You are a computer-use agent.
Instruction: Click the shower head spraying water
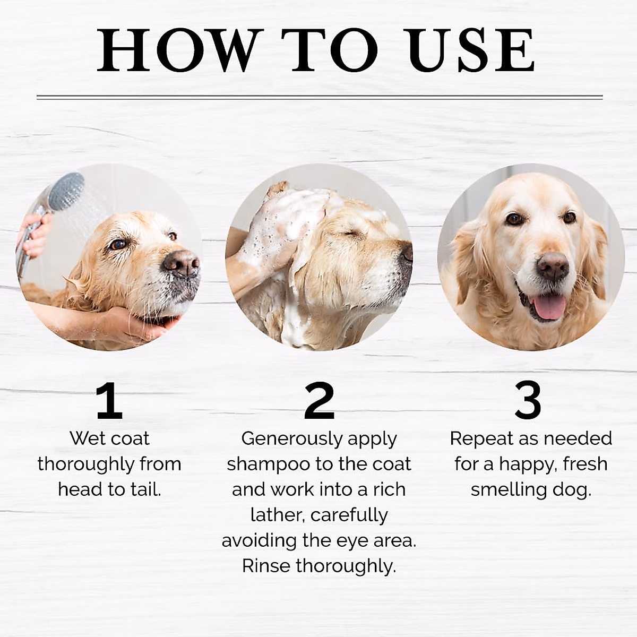pos(66,191)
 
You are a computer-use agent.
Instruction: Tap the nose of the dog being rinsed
pos(180,262)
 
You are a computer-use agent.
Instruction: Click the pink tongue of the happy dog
pos(548,307)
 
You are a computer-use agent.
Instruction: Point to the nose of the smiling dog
pos(552,265)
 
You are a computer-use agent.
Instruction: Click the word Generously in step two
pos(284,439)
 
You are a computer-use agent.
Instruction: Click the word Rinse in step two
pos(266,566)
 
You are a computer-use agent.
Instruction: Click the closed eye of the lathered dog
pos(348,234)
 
